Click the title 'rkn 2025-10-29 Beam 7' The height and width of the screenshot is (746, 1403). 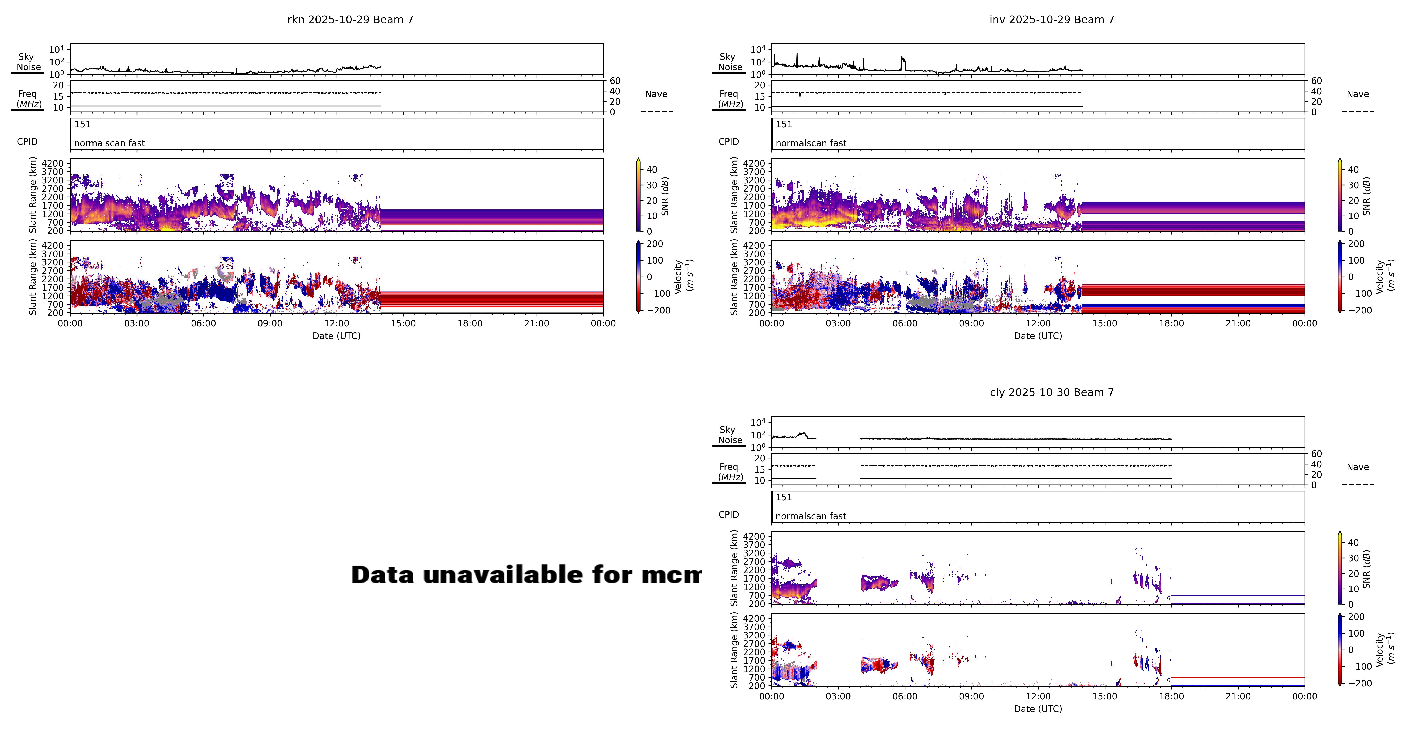tap(350, 20)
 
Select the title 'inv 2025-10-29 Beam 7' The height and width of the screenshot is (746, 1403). tap(1052, 20)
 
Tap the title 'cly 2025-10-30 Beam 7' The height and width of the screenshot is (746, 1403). tap(1052, 393)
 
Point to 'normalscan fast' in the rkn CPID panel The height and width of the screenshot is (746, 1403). tap(109, 143)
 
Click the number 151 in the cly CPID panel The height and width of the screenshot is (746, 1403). tap(784, 497)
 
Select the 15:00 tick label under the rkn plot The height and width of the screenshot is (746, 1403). tap(403, 323)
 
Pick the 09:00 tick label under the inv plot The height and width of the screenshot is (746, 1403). tap(971, 323)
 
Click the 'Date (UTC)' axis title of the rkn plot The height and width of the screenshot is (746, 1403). tap(336, 336)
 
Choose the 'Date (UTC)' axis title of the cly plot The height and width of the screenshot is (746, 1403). tap(1038, 709)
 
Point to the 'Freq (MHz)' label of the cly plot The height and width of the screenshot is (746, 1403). tap(730, 472)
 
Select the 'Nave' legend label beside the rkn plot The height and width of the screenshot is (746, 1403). tap(656, 94)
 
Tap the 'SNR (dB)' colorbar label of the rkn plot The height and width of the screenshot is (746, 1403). tap(665, 196)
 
